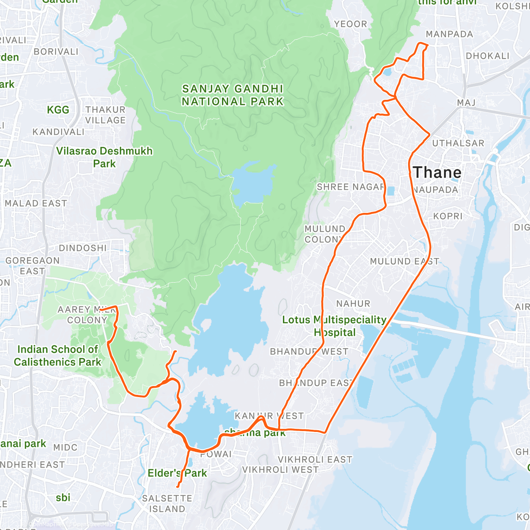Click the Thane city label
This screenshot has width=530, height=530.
437,173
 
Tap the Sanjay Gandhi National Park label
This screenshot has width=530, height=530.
232,95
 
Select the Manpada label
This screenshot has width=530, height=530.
449,34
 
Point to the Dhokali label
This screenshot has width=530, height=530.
488,56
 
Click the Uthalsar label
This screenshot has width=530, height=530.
458,143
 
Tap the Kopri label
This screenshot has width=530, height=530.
447,216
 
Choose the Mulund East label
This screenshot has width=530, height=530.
404,261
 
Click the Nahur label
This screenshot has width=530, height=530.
353,304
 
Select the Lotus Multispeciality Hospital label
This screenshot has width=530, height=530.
334,326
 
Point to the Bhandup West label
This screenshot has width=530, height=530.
309,352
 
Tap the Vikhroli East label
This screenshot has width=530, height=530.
315,459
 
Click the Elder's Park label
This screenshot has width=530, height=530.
177,473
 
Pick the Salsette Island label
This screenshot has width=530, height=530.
167,503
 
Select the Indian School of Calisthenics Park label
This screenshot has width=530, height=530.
57,356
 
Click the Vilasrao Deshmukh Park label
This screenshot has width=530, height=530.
104,157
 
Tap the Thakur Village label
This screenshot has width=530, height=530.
105,115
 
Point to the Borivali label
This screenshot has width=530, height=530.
56,52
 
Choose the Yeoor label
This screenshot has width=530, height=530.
350,24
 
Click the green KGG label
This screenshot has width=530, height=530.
58,110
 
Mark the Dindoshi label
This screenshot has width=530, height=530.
83,248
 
